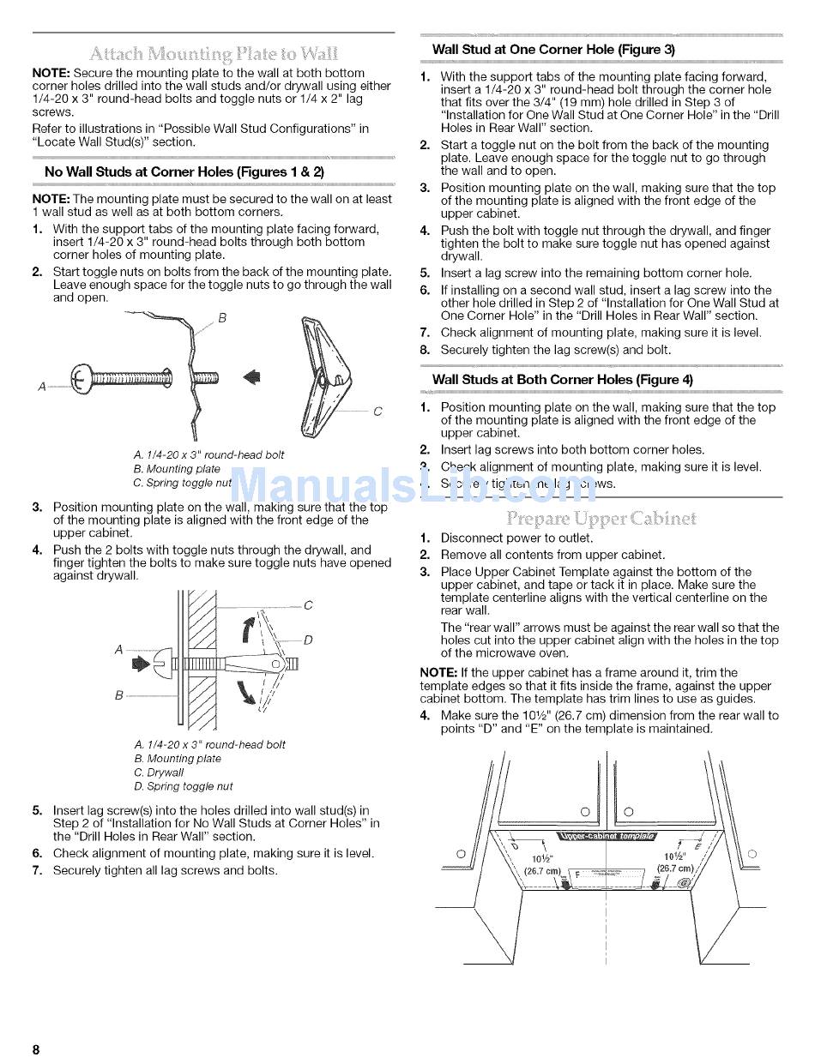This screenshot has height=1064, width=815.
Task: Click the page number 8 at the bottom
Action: pos(37,1049)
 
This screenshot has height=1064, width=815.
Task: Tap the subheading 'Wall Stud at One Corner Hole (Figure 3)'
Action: pos(553,50)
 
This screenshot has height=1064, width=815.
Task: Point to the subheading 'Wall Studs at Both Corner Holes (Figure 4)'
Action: pos(562,379)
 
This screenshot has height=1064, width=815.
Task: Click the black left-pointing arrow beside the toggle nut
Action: pos(252,376)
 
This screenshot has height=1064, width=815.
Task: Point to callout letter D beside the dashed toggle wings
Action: pos(308,640)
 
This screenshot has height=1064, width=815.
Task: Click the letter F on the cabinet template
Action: pos(577,875)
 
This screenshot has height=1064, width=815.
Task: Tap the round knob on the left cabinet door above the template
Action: pos(585,811)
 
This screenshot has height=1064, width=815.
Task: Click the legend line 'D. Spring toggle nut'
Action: pos(184,786)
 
